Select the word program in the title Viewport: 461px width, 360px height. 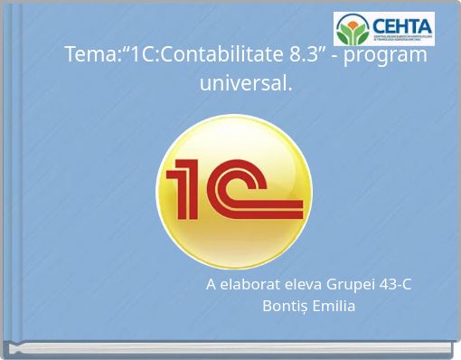(390, 54)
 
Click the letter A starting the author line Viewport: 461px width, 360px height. (211, 285)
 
